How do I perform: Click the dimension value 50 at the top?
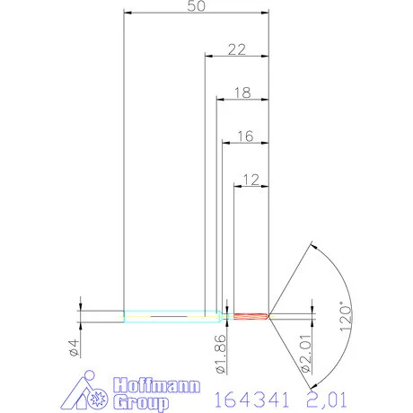[196, 6]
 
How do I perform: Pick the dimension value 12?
[250, 179]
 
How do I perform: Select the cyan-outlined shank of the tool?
[171, 315]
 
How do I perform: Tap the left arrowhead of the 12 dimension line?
[238, 186]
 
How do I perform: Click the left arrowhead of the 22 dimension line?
[209, 57]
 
